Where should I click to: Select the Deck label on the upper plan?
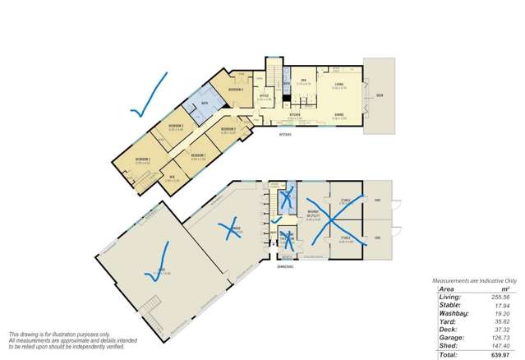coord(380,97)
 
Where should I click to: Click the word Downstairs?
coord(283,263)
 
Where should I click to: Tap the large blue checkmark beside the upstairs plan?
coord(148,96)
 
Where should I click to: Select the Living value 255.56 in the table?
coord(501,297)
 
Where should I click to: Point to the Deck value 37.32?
coord(503,329)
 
